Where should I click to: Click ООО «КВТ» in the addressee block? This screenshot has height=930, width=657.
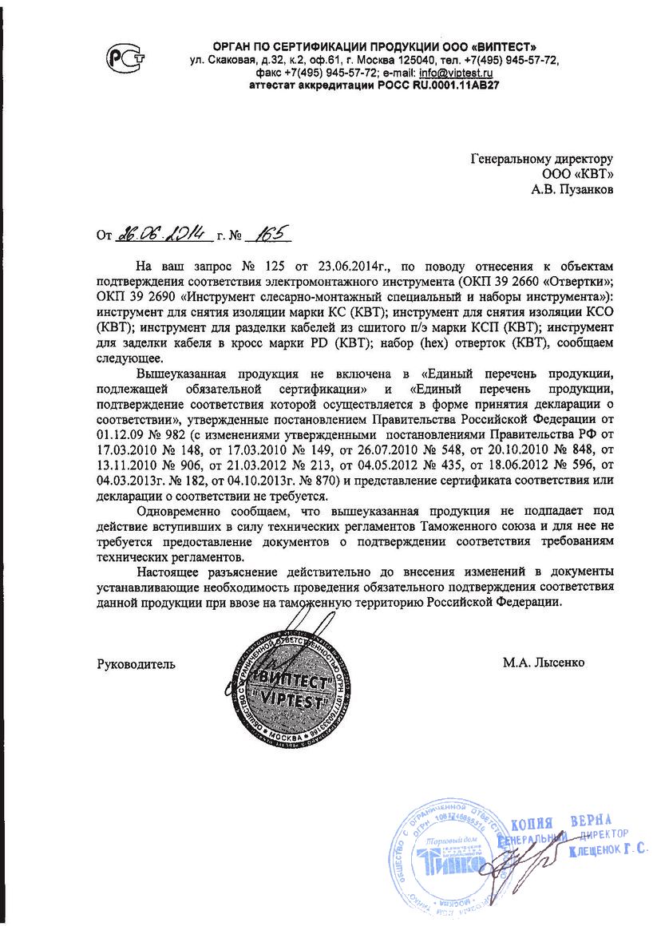pos(584,174)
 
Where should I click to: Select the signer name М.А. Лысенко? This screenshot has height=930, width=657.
pos(544,663)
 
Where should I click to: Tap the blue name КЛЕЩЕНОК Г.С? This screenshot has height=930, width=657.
pos(608,851)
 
